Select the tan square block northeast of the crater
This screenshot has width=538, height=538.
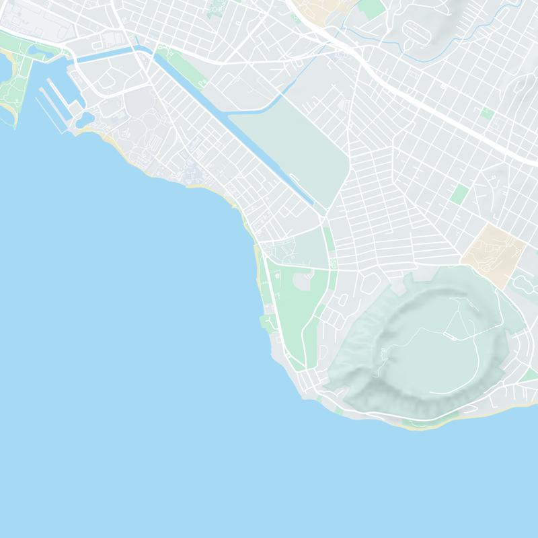click(494, 254)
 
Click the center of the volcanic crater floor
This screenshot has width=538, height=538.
click(430, 350)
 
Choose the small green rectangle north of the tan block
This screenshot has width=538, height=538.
click(460, 194)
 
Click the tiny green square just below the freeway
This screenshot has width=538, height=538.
click(488, 113)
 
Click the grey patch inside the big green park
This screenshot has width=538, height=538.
click(301, 282)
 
